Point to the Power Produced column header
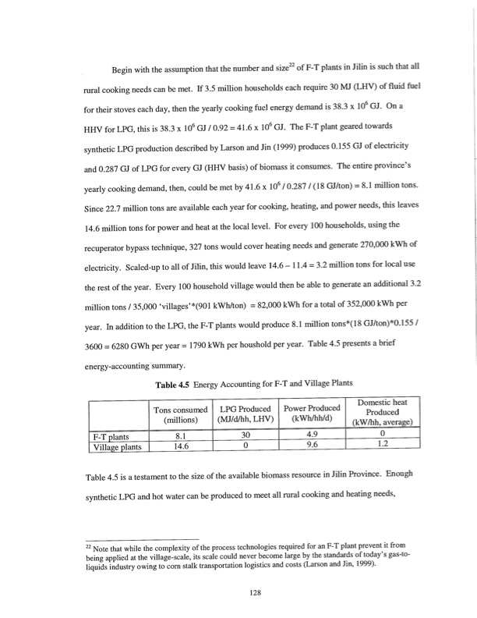312,413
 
